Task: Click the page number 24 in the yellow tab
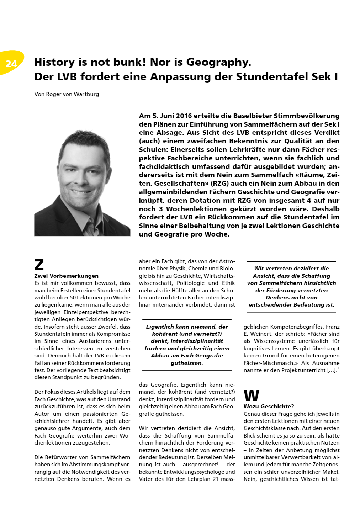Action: click(x=11, y=64)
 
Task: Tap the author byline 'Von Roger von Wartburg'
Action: click(x=67, y=94)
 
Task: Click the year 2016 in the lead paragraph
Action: click(x=185, y=116)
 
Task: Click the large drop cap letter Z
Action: click(x=39, y=265)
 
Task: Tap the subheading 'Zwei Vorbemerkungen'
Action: click(x=66, y=276)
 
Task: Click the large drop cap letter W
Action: click(x=251, y=396)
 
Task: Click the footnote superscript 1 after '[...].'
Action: click(x=338, y=369)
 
